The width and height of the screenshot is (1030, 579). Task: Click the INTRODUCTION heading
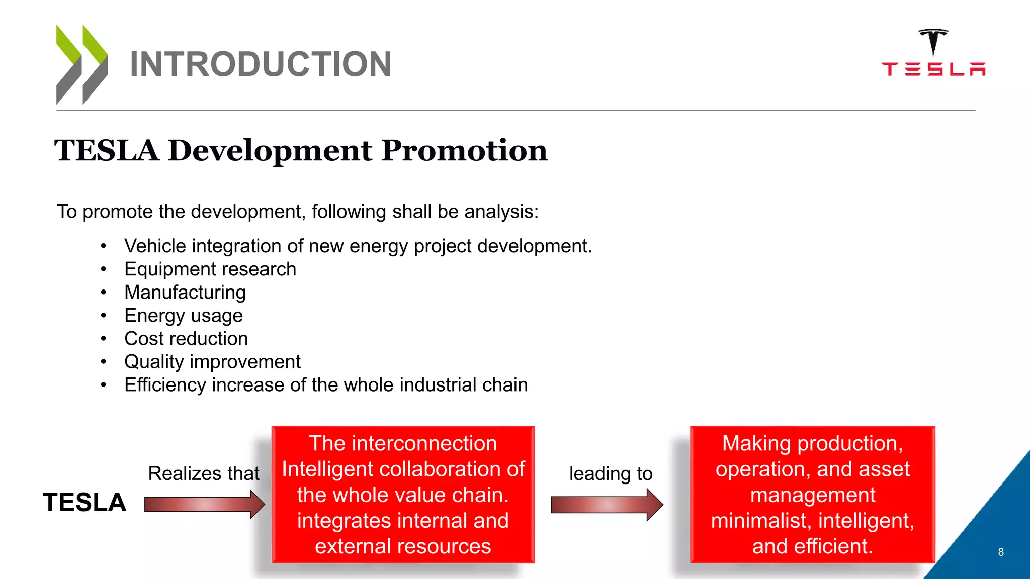260,64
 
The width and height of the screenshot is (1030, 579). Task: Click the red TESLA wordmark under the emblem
933,69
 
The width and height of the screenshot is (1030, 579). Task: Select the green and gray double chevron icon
82,64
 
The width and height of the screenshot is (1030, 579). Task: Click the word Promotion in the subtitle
464,150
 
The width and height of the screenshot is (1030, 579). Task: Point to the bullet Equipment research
210,269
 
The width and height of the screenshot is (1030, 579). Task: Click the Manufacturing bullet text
185,293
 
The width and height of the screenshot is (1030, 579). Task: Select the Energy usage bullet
184,316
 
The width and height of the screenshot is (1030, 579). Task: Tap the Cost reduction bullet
186,339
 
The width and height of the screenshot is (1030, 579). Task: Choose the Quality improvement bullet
212,362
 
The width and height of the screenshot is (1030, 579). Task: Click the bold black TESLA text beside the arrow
84,503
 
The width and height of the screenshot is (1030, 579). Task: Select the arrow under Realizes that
204,504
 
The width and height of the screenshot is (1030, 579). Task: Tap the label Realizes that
203,473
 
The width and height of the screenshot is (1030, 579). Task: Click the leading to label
611,473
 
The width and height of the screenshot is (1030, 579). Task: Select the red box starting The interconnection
403,495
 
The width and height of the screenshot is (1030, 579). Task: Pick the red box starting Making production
812,495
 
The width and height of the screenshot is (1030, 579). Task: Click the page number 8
1001,552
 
